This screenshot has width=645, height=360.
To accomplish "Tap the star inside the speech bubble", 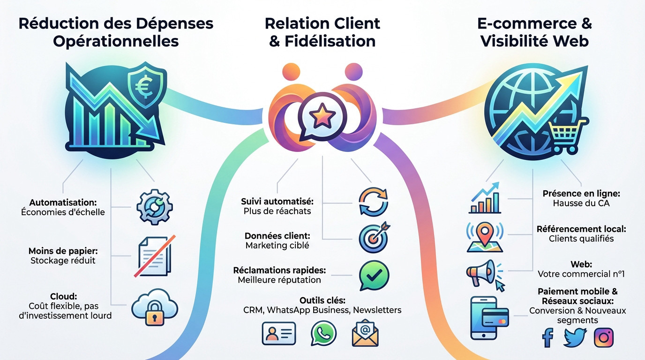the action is click(x=322, y=116).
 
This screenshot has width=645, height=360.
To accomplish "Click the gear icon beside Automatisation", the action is click(x=155, y=207).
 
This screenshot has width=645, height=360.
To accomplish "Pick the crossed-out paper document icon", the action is click(x=155, y=256).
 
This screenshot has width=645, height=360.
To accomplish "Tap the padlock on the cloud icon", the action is click(x=155, y=313).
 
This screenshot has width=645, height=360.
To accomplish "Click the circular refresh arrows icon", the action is click(x=373, y=202).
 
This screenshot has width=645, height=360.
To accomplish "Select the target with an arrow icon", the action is click(x=374, y=237).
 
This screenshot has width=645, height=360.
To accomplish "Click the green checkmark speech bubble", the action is click(x=374, y=275).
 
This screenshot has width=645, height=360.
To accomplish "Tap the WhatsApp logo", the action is click(x=323, y=333).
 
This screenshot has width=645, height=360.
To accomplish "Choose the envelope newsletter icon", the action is click(x=365, y=333).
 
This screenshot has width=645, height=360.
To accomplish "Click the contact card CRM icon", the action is click(x=279, y=333).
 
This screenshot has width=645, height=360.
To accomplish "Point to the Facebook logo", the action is click(x=547, y=337).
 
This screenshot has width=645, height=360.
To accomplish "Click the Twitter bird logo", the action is click(x=575, y=337).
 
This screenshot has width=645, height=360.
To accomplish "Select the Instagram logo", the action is click(x=604, y=337).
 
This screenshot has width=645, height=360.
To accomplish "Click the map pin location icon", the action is click(x=485, y=237).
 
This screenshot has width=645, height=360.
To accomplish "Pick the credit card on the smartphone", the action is click(x=495, y=317).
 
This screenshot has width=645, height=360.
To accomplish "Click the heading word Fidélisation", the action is click(x=330, y=41).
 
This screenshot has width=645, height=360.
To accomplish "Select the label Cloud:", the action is click(x=64, y=296).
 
